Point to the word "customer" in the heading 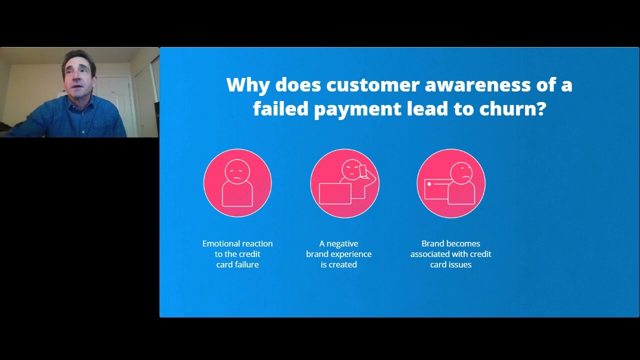tap(372, 85)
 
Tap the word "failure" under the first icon tap(245, 264)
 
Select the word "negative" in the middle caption tap(342, 243)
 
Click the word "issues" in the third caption tap(460, 264)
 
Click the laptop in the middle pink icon tap(334, 194)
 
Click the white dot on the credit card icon tap(429, 184)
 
